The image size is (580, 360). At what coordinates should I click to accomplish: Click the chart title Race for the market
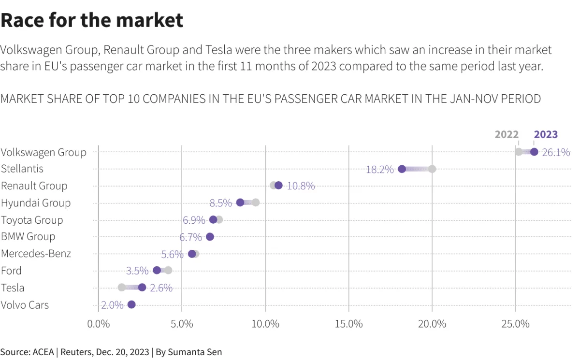(92, 20)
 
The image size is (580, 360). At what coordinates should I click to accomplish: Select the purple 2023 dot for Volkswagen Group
(534, 152)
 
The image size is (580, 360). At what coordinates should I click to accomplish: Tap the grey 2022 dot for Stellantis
(432, 169)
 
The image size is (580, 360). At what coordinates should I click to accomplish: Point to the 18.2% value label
(379, 170)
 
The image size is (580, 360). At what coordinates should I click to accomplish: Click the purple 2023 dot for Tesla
(142, 288)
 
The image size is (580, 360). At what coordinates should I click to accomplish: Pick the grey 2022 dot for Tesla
(122, 288)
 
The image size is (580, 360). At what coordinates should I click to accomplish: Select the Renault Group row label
(34, 186)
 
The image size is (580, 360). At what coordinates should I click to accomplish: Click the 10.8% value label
(301, 186)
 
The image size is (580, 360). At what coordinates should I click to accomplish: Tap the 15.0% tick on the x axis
(348, 324)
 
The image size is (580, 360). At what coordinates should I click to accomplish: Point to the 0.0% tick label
(99, 324)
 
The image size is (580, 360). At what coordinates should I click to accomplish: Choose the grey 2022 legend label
(507, 135)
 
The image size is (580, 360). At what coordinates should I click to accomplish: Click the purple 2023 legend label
(545, 135)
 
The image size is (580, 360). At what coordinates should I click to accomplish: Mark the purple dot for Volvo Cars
(131, 304)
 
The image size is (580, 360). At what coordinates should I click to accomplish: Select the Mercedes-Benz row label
(36, 254)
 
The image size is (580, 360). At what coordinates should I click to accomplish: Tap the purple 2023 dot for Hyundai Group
(240, 202)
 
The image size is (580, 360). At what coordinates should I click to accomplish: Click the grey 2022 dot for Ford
(168, 270)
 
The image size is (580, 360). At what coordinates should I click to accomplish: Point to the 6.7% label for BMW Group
(190, 237)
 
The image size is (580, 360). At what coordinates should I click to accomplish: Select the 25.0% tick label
(515, 324)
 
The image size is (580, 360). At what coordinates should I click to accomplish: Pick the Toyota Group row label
(32, 220)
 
